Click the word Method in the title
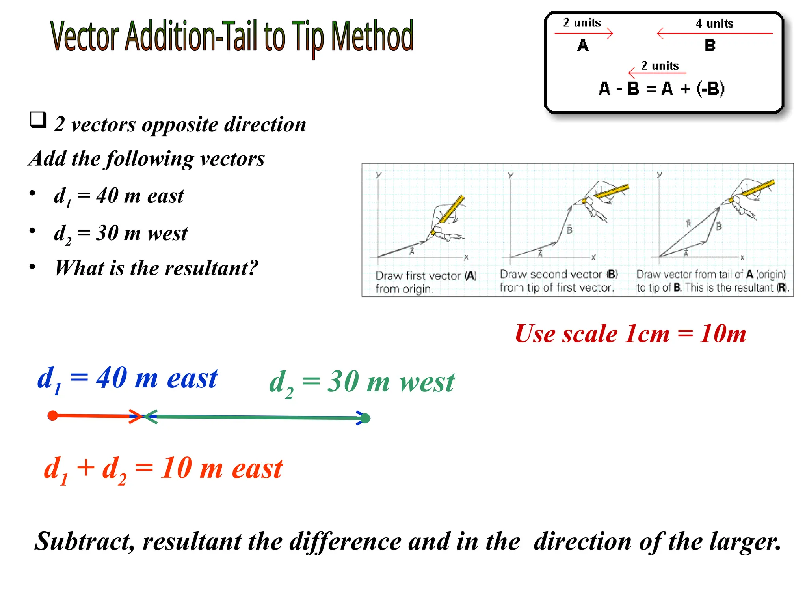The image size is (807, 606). click(x=372, y=36)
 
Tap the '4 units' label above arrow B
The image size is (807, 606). click(x=714, y=24)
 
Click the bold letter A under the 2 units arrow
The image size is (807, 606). click(x=583, y=46)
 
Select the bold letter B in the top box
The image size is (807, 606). click(x=710, y=46)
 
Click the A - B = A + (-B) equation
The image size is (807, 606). click(x=661, y=89)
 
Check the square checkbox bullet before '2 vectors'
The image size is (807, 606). click(x=38, y=120)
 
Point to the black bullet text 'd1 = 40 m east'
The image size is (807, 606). click(x=119, y=196)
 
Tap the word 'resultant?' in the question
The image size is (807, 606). click(x=211, y=268)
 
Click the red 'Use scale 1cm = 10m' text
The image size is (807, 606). click(x=630, y=334)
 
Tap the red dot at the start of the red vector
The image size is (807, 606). click(x=52, y=415)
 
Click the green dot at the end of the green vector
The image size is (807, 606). click(x=365, y=418)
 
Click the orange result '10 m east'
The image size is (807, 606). click(x=221, y=469)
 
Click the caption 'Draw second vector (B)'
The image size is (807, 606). click(x=558, y=275)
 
